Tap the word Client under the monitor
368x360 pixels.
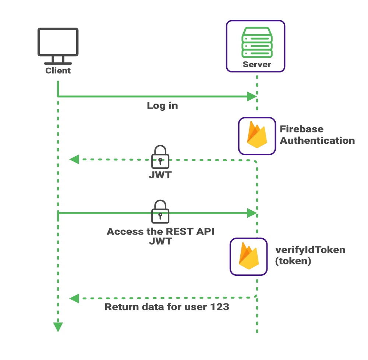pyautogui.click(x=58, y=70)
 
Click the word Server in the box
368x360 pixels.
pyautogui.click(x=257, y=65)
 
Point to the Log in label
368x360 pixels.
pyautogui.click(x=162, y=106)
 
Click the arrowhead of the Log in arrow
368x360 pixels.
pyautogui.click(x=252, y=97)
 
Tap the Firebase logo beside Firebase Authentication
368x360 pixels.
pyautogui.click(x=257, y=135)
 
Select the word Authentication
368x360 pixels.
pyautogui.click(x=318, y=140)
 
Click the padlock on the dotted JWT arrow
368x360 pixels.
pyautogui.click(x=160, y=157)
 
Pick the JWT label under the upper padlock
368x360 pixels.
pyautogui.click(x=160, y=175)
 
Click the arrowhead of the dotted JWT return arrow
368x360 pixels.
pyautogui.click(x=74, y=159)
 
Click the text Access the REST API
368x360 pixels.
pyautogui.click(x=160, y=232)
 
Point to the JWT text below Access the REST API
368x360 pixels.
pyautogui.click(x=160, y=242)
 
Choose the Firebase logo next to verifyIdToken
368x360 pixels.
pyautogui.click(x=248, y=256)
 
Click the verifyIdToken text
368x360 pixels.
pyautogui.click(x=310, y=250)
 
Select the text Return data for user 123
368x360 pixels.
pyautogui.click(x=167, y=307)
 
